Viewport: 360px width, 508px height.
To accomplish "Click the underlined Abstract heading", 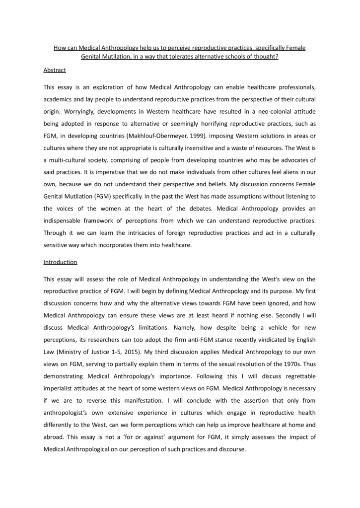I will [x=55, y=71].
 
